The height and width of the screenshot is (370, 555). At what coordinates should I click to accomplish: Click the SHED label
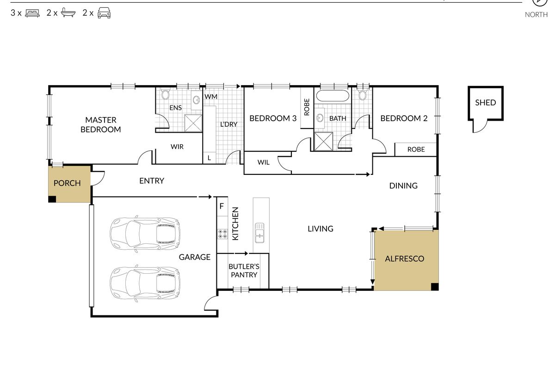(485, 103)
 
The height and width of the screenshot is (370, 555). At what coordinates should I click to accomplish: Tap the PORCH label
(67, 183)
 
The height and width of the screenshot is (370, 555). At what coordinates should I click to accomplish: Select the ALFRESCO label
(405, 259)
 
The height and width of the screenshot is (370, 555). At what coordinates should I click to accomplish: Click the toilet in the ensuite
(165, 94)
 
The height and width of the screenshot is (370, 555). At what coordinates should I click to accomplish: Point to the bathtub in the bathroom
(333, 95)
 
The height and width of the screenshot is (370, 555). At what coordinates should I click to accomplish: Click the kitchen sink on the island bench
(259, 233)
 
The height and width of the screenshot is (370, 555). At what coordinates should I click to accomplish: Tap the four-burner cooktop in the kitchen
(222, 234)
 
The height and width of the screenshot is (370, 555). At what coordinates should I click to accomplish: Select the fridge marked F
(222, 206)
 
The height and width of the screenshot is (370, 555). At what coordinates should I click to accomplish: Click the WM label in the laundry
(211, 96)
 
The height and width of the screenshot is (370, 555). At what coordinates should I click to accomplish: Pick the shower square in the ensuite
(193, 123)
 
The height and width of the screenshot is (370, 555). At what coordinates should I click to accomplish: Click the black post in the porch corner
(52, 199)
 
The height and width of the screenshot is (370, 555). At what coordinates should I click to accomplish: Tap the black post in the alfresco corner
(435, 286)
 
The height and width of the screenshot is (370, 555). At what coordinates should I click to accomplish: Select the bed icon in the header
(32, 13)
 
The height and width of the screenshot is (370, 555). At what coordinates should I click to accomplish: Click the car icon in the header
(104, 13)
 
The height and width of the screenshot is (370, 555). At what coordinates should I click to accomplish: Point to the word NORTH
(536, 15)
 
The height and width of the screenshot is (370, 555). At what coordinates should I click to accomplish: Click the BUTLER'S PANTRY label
(244, 271)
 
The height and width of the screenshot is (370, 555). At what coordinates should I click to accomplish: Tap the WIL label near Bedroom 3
(263, 162)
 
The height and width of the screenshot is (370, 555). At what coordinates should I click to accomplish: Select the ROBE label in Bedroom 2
(416, 149)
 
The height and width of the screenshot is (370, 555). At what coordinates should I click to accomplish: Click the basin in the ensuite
(197, 100)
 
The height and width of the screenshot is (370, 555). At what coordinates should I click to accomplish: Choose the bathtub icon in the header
(68, 12)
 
